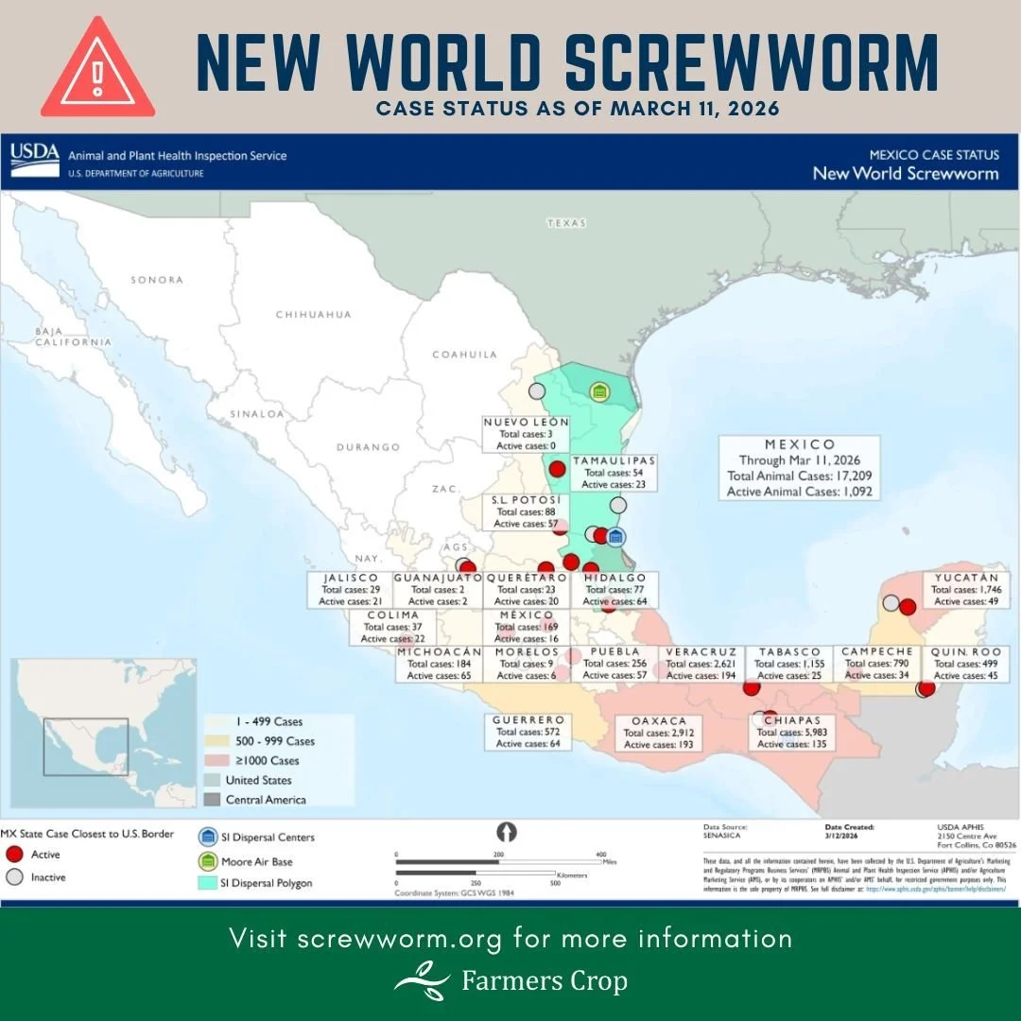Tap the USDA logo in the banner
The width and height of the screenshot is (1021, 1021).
pos(35,160)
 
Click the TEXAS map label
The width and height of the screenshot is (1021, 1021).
pos(565,223)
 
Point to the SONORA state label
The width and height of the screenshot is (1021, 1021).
pos(157,280)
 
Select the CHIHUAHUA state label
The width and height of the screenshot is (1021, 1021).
pos(313,314)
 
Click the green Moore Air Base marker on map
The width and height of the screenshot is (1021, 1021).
pos(599,390)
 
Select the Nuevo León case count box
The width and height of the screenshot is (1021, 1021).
pos(526,433)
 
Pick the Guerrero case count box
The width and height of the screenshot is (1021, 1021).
pos(528,732)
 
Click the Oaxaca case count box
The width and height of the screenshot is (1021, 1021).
pos(659,733)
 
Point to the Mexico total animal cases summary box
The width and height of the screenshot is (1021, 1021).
pos(800,467)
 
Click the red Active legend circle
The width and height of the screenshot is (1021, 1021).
pos(13,855)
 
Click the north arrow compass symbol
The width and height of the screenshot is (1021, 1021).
pos(508,832)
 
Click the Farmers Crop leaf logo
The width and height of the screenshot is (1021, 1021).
pos(422,980)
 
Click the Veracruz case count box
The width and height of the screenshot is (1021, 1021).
pos(701,664)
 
